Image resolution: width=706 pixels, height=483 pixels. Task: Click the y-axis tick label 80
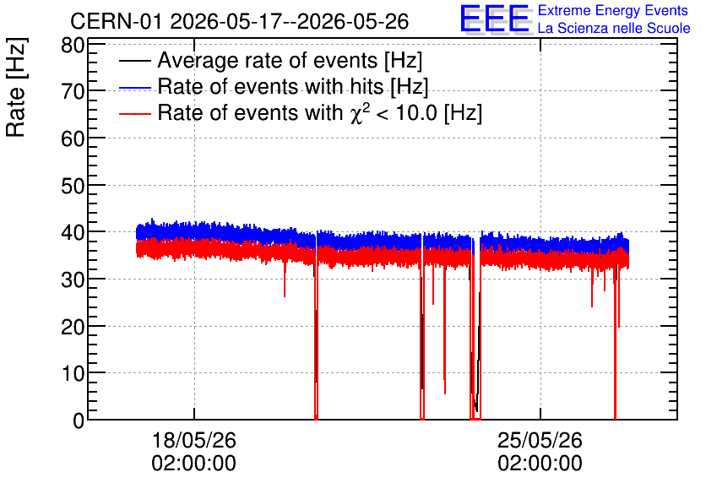click(x=73, y=45)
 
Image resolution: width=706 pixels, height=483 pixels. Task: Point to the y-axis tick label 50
click(x=73, y=186)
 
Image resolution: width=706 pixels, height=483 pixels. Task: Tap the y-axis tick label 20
click(x=73, y=327)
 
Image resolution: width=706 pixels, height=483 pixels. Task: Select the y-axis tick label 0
click(x=79, y=421)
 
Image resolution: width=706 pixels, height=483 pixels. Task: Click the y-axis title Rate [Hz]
click(x=16, y=88)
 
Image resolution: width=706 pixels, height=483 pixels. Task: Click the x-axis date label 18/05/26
click(x=194, y=440)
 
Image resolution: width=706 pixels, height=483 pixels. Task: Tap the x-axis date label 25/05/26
click(x=540, y=440)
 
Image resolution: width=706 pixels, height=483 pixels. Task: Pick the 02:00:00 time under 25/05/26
click(x=540, y=464)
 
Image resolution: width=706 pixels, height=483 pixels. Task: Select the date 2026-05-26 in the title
click(x=353, y=21)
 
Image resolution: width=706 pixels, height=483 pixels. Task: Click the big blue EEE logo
click(x=495, y=19)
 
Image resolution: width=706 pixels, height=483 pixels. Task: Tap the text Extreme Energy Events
click(x=613, y=10)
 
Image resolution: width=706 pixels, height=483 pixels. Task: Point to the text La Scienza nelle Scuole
click(x=614, y=29)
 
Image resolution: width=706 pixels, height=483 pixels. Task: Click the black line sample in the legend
click(x=135, y=61)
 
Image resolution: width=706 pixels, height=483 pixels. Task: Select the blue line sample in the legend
click(x=135, y=87)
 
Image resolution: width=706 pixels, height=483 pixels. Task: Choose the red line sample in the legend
click(x=135, y=113)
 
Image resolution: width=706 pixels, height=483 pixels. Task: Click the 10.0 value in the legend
click(x=416, y=112)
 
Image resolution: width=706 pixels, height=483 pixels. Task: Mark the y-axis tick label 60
click(x=73, y=138)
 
